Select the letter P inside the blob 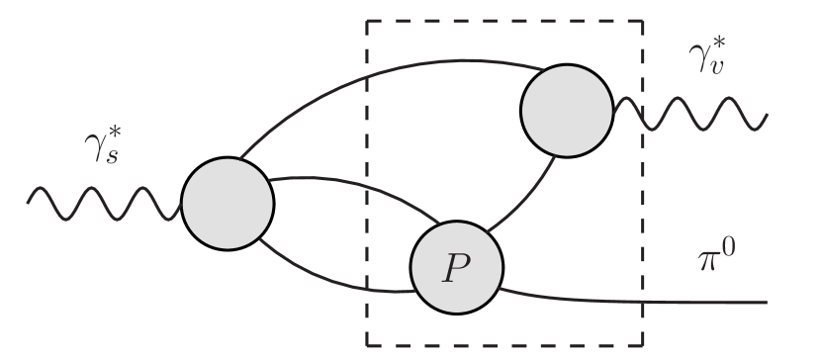tap(456, 267)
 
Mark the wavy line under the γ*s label tap(104, 204)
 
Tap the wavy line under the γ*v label tap(692, 113)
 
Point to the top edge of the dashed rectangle tap(504, 21)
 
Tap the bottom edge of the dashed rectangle tap(504, 345)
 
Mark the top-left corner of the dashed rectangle tap(368, 21)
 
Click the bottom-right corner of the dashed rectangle tap(643, 345)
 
